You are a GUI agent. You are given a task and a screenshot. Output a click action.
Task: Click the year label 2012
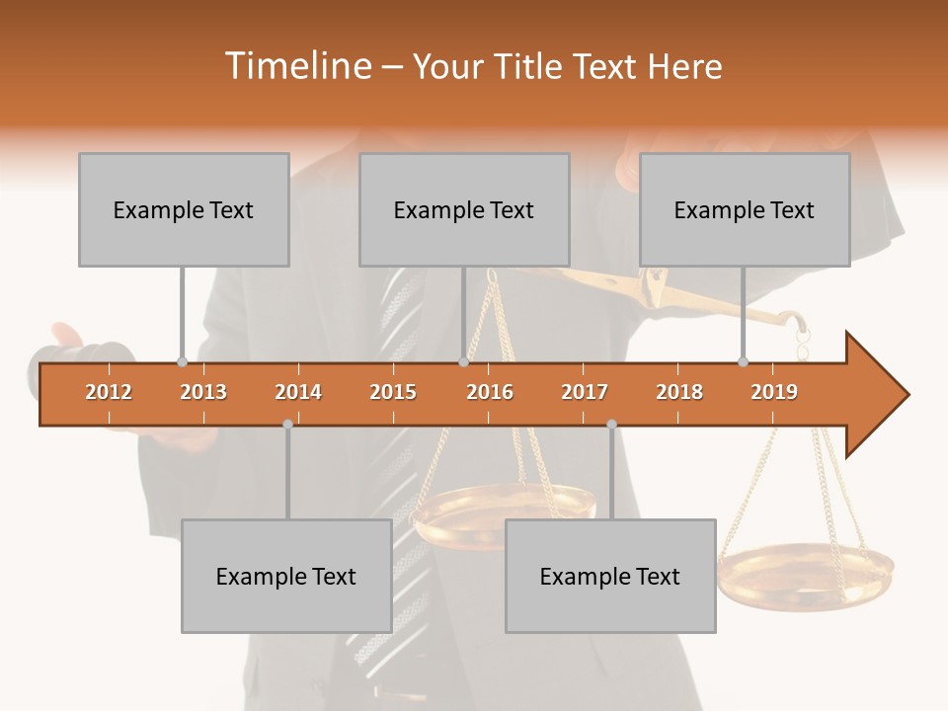109,392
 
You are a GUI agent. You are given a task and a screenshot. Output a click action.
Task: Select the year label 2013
203,392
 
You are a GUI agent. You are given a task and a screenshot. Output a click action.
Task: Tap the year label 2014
298,392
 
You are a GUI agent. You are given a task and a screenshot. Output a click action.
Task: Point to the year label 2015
393,392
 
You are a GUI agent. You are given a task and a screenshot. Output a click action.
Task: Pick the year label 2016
490,392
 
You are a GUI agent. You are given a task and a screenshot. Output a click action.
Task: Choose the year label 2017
585,392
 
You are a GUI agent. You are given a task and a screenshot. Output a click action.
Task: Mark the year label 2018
679,392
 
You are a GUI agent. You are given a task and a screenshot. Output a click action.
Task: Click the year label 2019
774,392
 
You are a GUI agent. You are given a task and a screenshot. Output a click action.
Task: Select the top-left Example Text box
184,209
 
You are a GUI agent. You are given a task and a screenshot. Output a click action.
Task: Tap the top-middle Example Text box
464,209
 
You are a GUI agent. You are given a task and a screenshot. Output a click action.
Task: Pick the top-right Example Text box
745,209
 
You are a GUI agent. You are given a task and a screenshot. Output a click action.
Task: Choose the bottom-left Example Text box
286,576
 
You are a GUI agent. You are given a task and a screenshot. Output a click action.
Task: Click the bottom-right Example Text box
610,576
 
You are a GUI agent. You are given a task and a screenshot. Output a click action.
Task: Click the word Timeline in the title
296,66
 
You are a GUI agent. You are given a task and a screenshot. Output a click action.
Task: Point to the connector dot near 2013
182,362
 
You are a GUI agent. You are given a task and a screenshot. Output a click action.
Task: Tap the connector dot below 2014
287,424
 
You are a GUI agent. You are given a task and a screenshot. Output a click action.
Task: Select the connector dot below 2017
611,424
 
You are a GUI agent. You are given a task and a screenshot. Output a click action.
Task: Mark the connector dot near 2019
743,362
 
